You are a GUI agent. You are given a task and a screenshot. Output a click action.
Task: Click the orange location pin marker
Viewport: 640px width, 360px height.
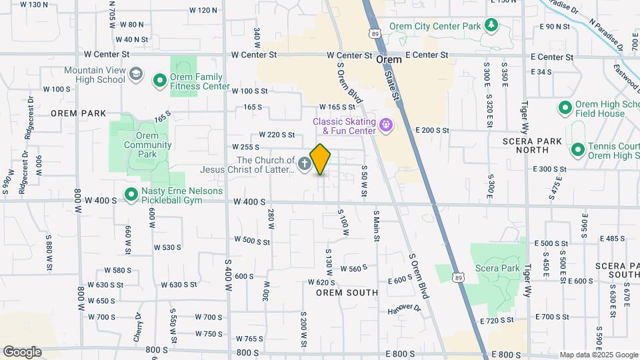coord(321,159)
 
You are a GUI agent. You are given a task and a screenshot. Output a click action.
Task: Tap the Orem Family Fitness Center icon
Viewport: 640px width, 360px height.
coord(160,81)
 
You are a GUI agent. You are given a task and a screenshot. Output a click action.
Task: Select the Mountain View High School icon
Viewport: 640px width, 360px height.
coord(137,73)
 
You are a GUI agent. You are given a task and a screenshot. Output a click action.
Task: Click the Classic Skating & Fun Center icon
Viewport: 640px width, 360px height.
coord(385,125)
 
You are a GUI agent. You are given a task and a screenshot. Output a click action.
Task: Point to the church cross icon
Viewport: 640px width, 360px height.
coord(305,164)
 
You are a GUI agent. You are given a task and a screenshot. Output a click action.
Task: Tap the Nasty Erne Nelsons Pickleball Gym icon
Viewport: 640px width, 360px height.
coord(131,195)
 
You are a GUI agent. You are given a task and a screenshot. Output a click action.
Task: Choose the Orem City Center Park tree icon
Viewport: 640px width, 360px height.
coord(492,26)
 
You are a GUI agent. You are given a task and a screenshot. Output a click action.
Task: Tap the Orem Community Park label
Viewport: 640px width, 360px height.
coord(147,140)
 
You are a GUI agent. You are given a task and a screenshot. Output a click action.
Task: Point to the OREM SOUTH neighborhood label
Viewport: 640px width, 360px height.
coord(347,293)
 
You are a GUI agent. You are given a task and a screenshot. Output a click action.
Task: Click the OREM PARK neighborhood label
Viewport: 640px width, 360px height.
coord(79,113)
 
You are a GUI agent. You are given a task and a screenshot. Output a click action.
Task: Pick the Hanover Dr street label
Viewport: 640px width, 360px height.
coord(405,310)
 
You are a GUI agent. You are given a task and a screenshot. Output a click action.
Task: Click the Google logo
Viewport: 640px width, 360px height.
coord(22,351)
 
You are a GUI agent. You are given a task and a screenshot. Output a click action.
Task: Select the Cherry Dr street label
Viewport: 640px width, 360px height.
coord(139,326)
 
